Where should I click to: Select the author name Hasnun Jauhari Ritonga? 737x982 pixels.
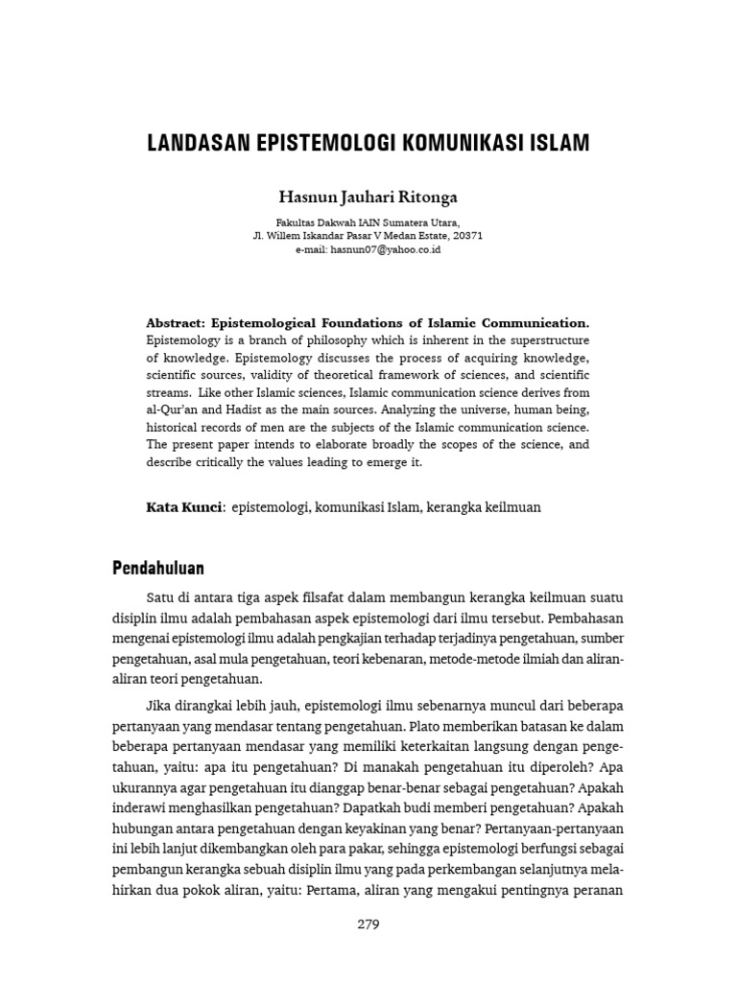click(x=368, y=198)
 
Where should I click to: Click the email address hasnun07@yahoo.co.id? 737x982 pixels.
click(x=385, y=248)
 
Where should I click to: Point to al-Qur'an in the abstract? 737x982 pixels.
click(x=174, y=410)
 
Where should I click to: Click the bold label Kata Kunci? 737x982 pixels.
click(x=183, y=507)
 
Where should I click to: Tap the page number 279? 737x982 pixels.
click(x=368, y=925)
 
